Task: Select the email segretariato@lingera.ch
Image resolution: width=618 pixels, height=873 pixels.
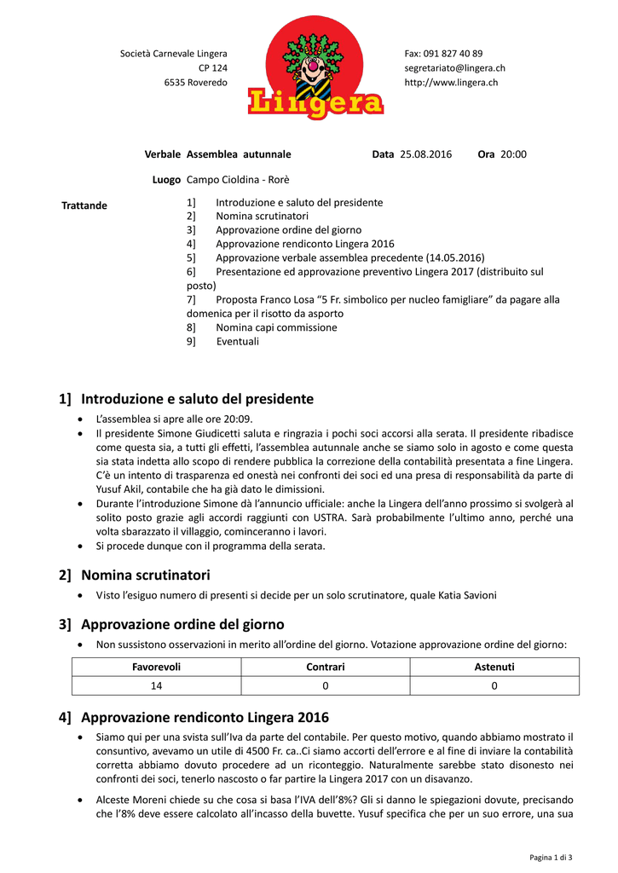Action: [x=454, y=68]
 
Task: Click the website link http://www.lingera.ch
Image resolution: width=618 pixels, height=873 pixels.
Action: [x=451, y=83]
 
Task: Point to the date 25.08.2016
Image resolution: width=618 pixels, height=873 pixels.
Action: [x=425, y=154]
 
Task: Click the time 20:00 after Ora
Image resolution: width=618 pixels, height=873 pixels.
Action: [x=513, y=154]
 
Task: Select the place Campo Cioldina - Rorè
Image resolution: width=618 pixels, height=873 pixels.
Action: [x=238, y=180]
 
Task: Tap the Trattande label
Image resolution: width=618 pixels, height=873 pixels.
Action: [x=84, y=205]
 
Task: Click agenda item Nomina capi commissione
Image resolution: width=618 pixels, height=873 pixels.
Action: [x=276, y=327]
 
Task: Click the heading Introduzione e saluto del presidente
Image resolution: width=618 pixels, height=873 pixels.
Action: [x=197, y=399]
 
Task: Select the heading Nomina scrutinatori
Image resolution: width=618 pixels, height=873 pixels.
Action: [x=145, y=575]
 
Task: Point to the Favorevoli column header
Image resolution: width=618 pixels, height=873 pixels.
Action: [x=156, y=667]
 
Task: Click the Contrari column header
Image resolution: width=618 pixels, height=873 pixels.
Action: [x=325, y=667]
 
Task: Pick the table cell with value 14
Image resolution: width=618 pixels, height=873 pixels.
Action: [x=156, y=685]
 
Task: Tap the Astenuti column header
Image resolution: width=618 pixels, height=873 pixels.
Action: [x=494, y=667]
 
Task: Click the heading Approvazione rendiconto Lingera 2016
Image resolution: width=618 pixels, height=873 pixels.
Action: [x=205, y=717]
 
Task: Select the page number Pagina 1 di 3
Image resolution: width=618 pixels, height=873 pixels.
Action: [x=550, y=857]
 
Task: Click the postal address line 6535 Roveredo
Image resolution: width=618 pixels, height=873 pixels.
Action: [x=195, y=83]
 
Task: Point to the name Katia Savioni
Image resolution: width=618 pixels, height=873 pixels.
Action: [x=467, y=595]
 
